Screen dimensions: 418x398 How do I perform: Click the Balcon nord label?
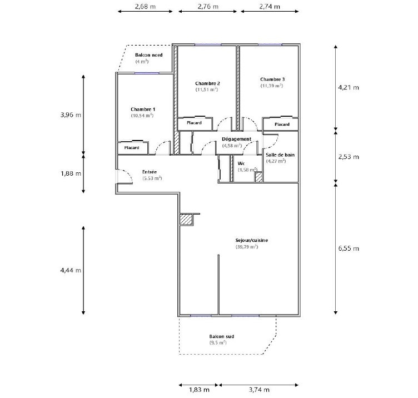[x=149, y=55]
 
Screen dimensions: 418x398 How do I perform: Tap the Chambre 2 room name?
[x=207, y=83]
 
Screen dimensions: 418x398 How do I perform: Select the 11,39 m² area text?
[x=272, y=86]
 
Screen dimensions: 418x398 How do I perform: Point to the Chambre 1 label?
[x=143, y=110]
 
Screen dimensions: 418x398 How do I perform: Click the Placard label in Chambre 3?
[x=282, y=125]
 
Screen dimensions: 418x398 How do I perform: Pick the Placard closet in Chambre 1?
[x=133, y=148]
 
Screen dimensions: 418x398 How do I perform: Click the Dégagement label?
[x=236, y=139]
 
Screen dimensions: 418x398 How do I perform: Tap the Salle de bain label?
[x=280, y=155]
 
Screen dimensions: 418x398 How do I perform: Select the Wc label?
[x=241, y=163]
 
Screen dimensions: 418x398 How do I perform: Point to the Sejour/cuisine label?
[x=251, y=241]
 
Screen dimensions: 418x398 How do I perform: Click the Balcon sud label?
[x=222, y=336]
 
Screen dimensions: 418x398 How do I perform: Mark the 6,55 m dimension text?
[x=349, y=248]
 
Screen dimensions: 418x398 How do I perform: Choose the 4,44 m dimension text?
[x=71, y=270]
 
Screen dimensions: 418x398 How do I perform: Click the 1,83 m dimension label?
[x=199, y=390]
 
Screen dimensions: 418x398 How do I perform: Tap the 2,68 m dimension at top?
[x=145, y=7]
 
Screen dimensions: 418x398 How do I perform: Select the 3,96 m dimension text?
[x=71, y=115]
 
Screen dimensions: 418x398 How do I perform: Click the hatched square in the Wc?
[x=258, y=177]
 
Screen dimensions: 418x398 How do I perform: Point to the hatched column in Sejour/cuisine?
[x=186, y=220]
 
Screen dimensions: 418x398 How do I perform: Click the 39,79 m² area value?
[x=247, y=247]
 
